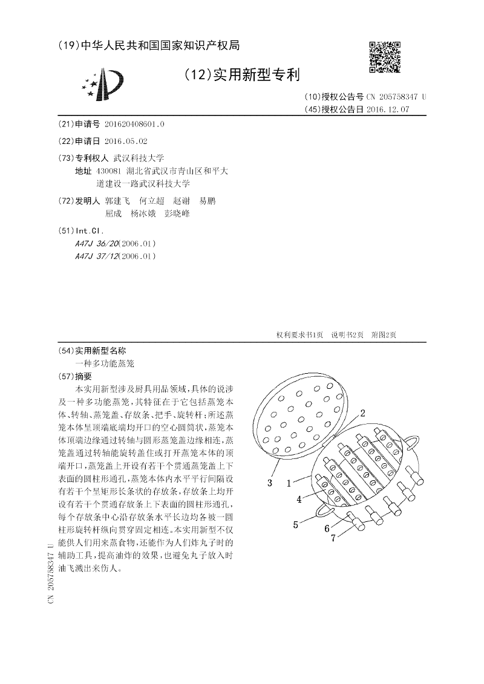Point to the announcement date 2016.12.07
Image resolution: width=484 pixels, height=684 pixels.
[x=387, y=109]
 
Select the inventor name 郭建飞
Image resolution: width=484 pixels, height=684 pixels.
[x=117, y=200]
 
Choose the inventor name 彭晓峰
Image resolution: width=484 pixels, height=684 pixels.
[x=177, y=213]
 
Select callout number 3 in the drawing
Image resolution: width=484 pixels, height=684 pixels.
[x=270, y=482]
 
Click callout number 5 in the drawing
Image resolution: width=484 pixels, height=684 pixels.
[x=296, y=525]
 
